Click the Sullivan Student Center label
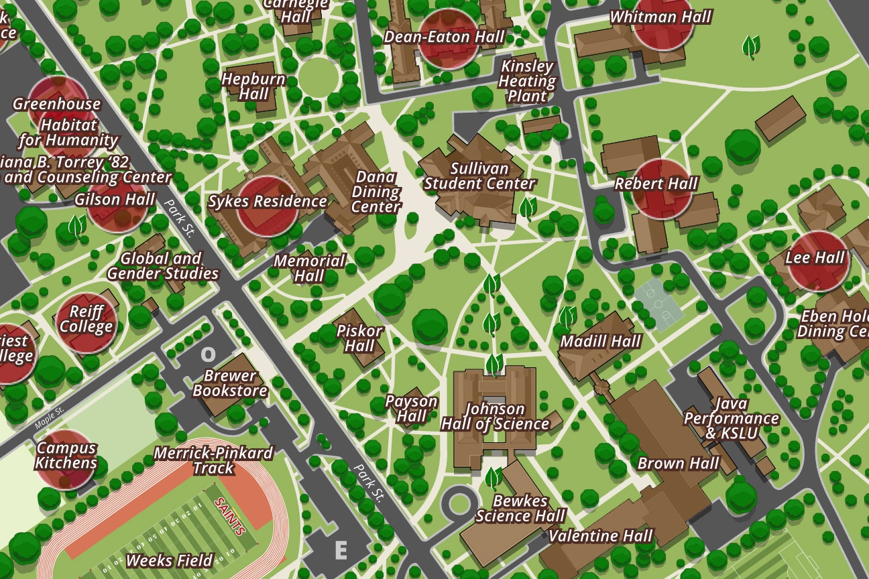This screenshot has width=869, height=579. (479, 176)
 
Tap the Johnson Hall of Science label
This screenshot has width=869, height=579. (495, 416)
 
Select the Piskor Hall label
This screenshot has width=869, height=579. (359, 338)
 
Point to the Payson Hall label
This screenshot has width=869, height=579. (411, 409)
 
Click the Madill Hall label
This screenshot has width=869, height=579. (600, 341)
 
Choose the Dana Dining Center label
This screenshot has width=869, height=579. (376, 192)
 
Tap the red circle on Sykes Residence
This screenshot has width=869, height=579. (267, 206)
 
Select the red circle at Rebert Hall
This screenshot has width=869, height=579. (662, 188)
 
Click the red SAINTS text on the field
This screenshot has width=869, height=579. (230, 516)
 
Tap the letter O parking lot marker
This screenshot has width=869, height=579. (209, 355)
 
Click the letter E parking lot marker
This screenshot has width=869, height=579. (341, 551)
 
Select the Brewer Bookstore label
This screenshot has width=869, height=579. (230, 383)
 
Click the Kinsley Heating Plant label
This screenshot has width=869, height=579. (527, 81)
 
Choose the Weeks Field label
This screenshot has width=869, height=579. (169, 560)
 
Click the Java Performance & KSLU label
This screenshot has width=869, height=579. (731, 418)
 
